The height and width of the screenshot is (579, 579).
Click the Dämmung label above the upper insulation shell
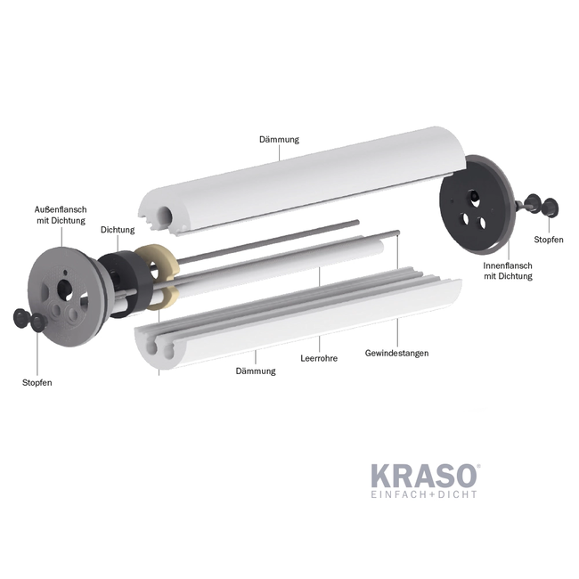pos(279,140)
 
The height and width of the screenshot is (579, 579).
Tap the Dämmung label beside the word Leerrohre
pos(256,371)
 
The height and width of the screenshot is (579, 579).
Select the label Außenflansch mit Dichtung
pos(61,214)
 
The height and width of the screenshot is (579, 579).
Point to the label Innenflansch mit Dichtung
pos(508,270)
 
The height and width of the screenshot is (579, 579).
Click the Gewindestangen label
pos(396,353)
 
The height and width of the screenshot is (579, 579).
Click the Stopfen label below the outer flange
pos(37,382)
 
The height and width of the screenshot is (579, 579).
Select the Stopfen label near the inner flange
pos(548,240)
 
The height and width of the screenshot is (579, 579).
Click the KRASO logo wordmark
pos(422,476)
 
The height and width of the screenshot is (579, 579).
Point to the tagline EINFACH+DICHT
pos(423,494)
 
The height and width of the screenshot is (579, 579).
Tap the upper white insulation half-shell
pos(294,192)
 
